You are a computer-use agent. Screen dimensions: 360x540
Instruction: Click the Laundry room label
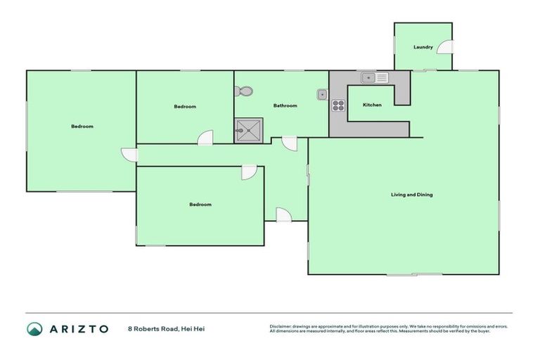[423, 47]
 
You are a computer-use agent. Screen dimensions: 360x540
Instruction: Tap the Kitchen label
[372, 105]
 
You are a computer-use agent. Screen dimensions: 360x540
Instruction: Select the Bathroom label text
[285, 105]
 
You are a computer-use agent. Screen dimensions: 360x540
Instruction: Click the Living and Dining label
[412, 194]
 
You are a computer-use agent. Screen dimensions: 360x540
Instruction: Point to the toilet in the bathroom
[244, 91]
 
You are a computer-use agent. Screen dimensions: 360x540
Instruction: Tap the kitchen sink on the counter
[374, 77]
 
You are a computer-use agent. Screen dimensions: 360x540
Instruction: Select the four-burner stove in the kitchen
[339, 106]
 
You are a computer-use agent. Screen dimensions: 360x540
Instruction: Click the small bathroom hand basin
[321, 94]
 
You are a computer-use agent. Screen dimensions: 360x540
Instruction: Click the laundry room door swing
[445, 47]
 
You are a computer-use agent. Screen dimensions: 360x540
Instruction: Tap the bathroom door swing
[290, 143]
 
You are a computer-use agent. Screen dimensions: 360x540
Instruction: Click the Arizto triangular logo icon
[34, 328]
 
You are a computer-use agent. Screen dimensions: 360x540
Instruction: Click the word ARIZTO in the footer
[78, 328]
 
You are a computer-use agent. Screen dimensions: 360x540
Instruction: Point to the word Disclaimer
[280, 326]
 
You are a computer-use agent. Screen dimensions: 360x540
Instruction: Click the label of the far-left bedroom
[82, 127]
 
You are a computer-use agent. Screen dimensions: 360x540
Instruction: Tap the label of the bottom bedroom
[200, 205]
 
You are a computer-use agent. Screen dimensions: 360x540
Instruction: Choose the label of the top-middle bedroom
[185, 107]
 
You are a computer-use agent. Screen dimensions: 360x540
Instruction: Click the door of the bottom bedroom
[249, 172]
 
